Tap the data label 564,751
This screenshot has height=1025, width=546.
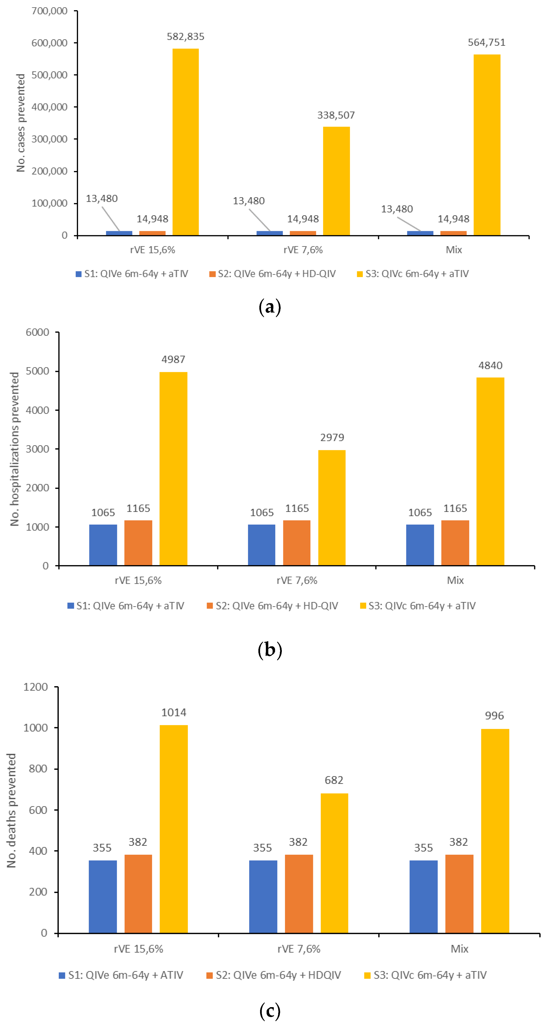tap(486, 43)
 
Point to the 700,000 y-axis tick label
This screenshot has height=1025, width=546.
tap(49, 11)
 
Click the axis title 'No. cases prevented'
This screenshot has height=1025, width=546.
tap(21, 122)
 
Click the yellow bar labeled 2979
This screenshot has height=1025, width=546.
tap(332, 507)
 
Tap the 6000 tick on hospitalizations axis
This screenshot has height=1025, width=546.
tap(37, 332)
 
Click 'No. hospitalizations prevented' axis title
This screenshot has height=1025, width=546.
tap(15, 449)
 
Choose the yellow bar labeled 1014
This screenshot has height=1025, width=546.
tap(174, 829)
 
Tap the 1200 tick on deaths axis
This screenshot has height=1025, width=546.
tap(36, 687)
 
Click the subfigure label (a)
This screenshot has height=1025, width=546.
tap(269, 308)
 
